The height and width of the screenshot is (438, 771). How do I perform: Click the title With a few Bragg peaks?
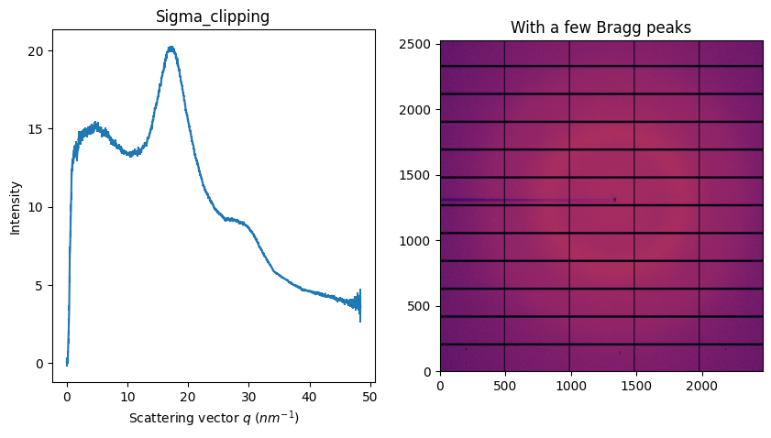[x=600, y=27]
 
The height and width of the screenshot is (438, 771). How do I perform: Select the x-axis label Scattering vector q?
[x=214, y=418]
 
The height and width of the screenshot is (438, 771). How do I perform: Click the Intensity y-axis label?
[x=16, y=206]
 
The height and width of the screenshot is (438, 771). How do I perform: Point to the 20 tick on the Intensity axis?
[x=37, y=50]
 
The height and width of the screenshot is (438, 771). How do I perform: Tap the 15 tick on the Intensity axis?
[x=37, y=128]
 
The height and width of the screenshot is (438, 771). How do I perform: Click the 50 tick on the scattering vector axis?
[x=369, y=396]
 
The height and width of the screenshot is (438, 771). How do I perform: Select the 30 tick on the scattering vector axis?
[x=248, y=396]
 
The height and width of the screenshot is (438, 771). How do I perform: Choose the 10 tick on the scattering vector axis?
[x=127, y=396]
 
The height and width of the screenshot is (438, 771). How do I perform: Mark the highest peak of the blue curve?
[x=171, y=48]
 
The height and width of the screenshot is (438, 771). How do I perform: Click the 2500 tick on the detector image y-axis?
[x=420, y=44]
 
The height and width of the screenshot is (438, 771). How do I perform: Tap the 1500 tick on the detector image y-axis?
[x=420, y=175]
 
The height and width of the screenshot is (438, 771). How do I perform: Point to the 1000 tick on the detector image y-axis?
[x=420, y=240]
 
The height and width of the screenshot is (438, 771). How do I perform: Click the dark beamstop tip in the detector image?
[x=614, y=199]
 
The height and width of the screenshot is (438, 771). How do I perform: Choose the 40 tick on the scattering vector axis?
[x=309, y=396]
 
